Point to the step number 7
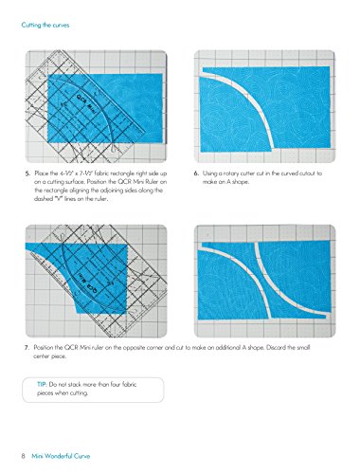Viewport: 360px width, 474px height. [28, 348]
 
